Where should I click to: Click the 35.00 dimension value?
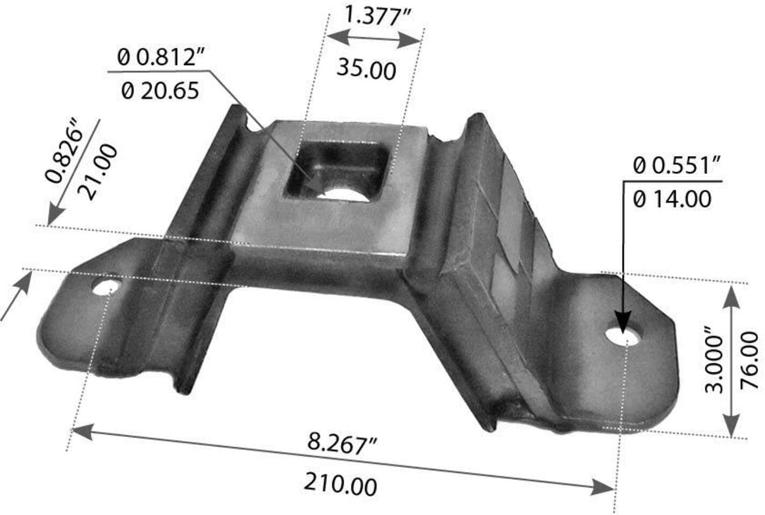point(366,69)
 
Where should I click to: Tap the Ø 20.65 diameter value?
point(160,90)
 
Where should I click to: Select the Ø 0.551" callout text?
point(676,166)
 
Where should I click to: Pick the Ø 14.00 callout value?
point(671,200)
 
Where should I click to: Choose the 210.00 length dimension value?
point(340,484)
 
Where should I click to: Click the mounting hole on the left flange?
point(105,288)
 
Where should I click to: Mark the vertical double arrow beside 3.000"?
point(731,361)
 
